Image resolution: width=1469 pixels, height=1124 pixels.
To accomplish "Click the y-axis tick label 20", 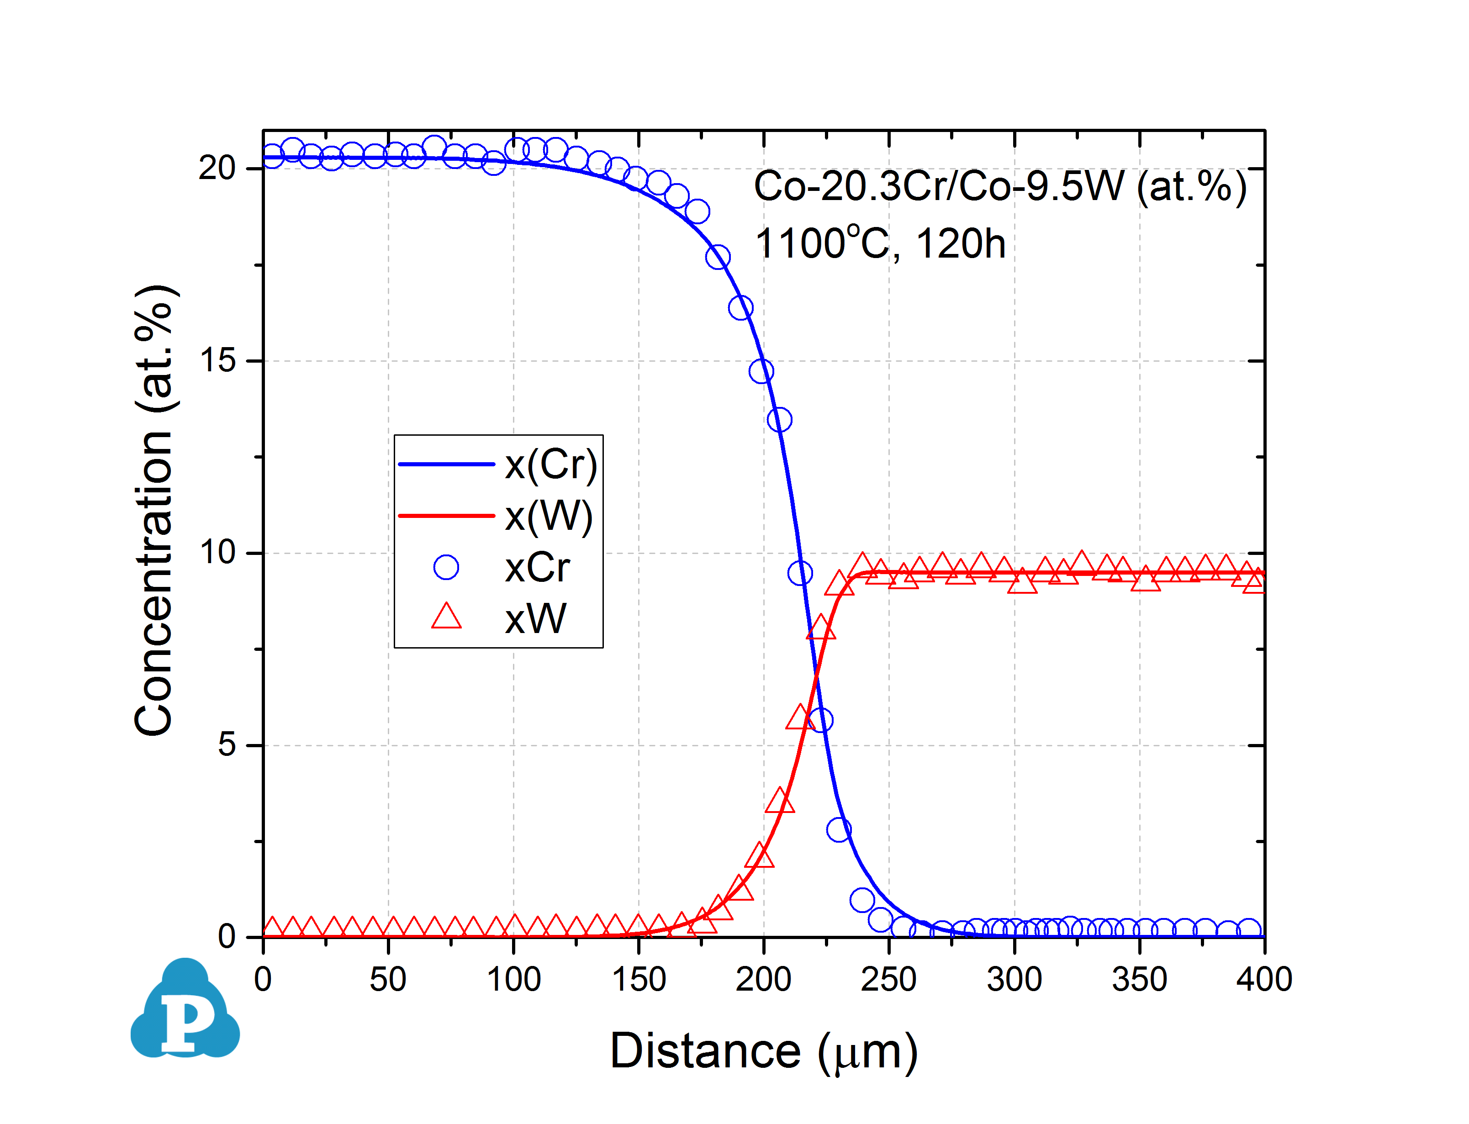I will coord(217,168).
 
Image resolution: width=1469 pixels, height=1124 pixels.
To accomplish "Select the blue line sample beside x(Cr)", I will coord(446,464).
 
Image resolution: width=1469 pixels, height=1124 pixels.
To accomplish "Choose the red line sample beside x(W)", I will coord(446,516).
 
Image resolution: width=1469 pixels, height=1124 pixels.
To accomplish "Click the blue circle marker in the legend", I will coord(446,567).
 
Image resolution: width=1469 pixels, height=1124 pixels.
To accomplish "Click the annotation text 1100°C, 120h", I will coord(880,243).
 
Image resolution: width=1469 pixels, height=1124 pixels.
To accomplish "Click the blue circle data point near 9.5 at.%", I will coord(800,573).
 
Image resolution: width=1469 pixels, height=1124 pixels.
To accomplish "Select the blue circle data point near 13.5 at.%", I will coord(779,420).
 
